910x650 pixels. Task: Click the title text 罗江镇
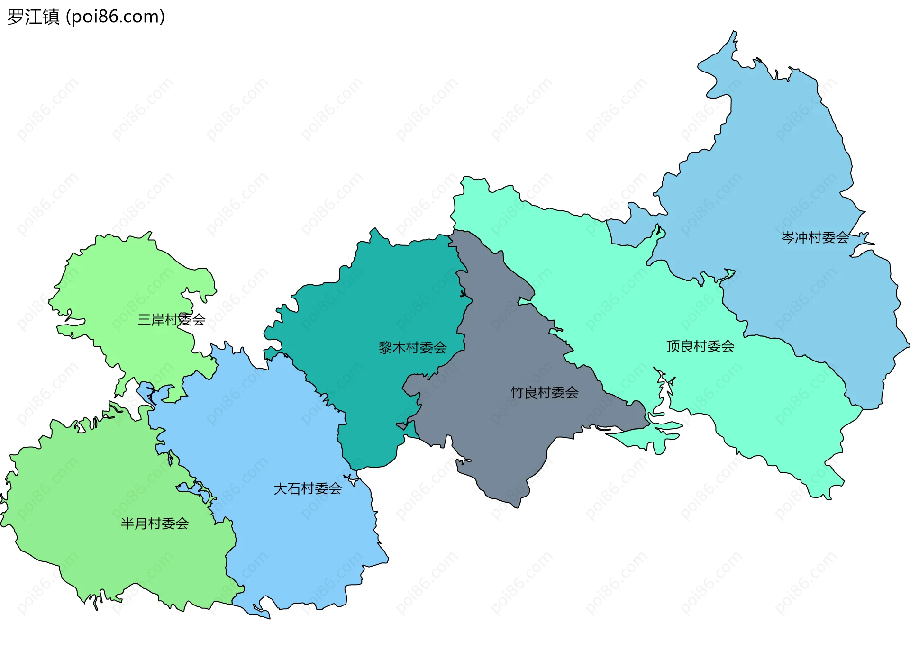(33, 17)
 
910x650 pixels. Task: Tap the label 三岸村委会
(171, 320)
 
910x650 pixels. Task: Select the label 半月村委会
(155, 524)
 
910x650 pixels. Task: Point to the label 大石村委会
(308, 488)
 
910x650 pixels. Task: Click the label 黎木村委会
(412, 348)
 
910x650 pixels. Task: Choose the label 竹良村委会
(544, 392)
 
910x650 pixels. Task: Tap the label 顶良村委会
(700, 346)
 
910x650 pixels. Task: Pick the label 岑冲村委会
(815, 237)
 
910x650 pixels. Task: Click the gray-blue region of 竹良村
(498, 426)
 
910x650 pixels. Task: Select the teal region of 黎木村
(379, 303)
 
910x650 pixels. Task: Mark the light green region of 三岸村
(123, 280)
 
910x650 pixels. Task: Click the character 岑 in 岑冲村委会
(788, 237)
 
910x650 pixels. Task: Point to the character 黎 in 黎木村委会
(385, 348)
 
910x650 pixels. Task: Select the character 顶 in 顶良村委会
(673, 346)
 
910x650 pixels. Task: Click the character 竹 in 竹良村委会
(517, 392)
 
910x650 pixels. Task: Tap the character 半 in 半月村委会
(127, 524)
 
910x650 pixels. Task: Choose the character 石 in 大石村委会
(294, 488)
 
